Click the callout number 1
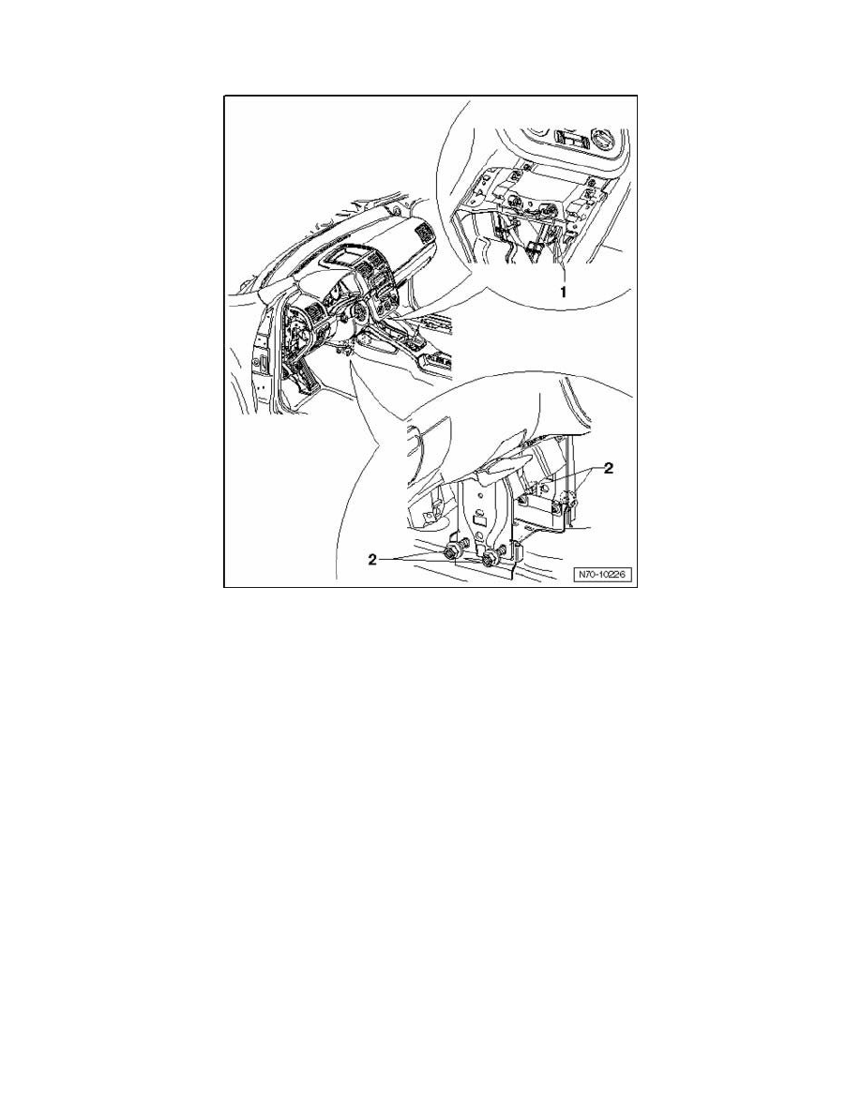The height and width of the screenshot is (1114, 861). click(x=564, y=292)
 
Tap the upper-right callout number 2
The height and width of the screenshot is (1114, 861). click(x=609, y=468)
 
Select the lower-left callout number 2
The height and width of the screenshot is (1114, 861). click(x=372, y=560)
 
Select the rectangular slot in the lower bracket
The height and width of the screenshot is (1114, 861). click(x=479, y=522)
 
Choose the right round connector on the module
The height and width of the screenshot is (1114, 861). click(x=548, y=210)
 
